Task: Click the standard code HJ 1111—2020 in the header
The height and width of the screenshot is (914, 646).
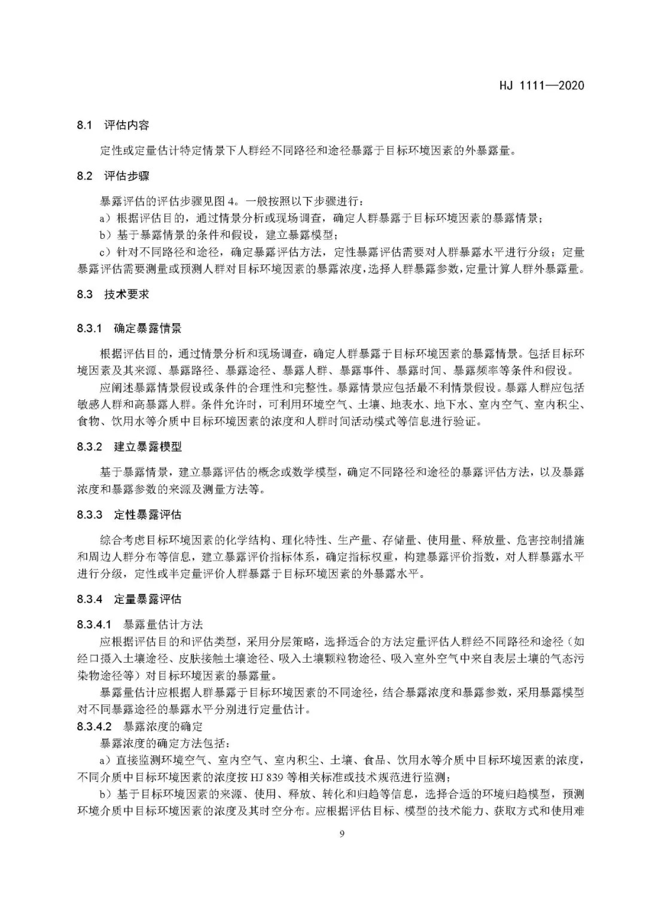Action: click(x=541, y=85)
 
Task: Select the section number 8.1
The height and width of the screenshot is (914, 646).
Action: click(x=84, y=125)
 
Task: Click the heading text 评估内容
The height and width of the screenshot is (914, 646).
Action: click(x=127, y=125)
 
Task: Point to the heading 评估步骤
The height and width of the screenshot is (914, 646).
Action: click(x=127, y=176)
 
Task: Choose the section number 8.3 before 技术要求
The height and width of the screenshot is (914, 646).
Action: click(x=84, y=294)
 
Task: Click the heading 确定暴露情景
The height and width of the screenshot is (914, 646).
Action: click(x=147, y=328)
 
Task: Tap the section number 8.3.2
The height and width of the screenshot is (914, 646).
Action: click(x=90, y=447)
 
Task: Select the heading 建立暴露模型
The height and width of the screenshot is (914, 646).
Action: click(x=147, y=447)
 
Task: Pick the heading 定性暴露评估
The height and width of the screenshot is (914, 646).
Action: click(x=147, y=515)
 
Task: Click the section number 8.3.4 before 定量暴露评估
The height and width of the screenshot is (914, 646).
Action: click(x=90, y=599)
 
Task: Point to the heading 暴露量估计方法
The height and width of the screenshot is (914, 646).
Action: click(x=163, y=625)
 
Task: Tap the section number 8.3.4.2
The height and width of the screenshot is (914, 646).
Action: click(x=95, y=727)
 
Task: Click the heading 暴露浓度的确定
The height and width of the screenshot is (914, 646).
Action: click(x=163, y=727)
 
